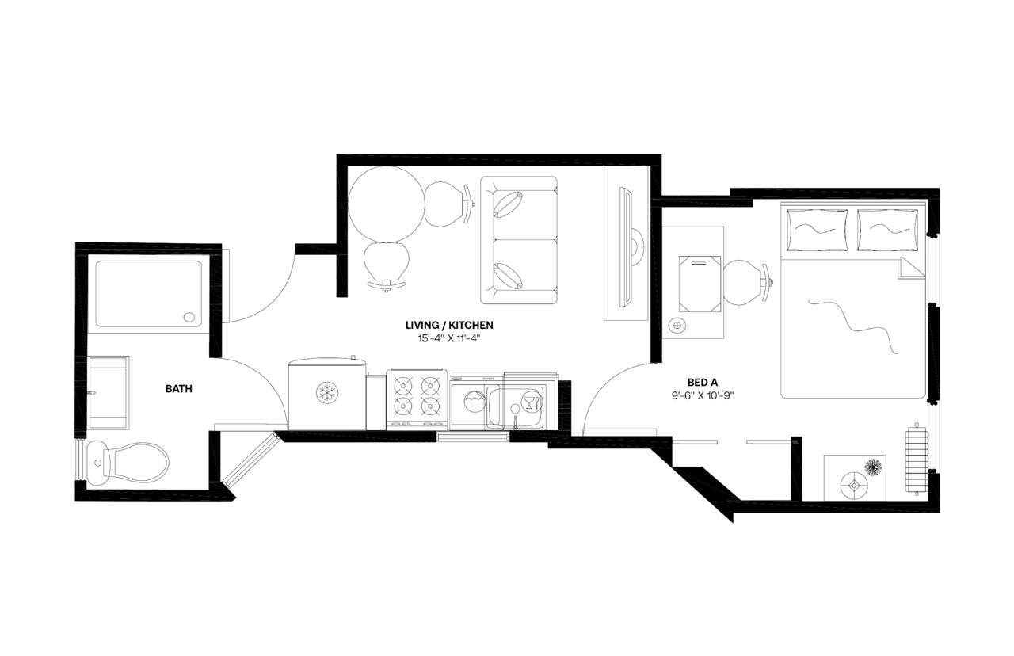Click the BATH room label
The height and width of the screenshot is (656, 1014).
178,389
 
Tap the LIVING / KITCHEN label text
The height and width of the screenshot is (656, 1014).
449,325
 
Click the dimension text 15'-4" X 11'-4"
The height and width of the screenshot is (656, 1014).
449,338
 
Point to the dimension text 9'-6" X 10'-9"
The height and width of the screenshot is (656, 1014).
700,395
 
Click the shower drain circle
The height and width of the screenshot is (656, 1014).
189,317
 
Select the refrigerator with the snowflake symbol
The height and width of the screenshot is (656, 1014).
326,394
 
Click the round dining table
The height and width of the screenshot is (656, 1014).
383,204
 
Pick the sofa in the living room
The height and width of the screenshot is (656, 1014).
519,240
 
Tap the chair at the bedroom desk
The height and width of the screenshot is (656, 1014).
745,283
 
